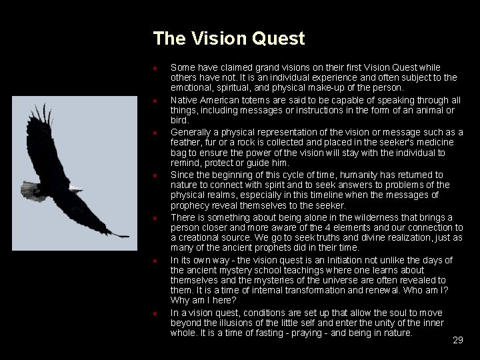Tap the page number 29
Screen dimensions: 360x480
tap(457, 340)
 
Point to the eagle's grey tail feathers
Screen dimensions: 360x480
tap(32, 193)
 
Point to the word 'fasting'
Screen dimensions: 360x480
tap(266, 333)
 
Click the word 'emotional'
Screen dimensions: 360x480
tap(192, 87)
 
